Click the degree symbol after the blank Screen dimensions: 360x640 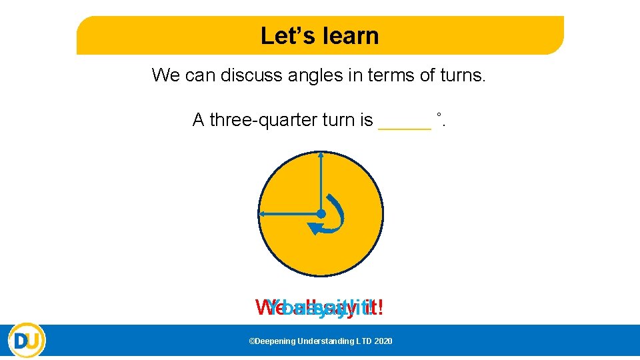click(439, 115)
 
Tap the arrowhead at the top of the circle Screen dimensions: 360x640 click(321, 155)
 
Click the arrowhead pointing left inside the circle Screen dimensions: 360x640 click(263, 213)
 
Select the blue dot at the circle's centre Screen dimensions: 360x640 click(321, 213)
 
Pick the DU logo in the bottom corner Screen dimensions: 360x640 click(27, 341)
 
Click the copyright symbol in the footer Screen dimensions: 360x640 click(251, 341)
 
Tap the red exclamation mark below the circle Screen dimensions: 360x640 click(381, 308)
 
